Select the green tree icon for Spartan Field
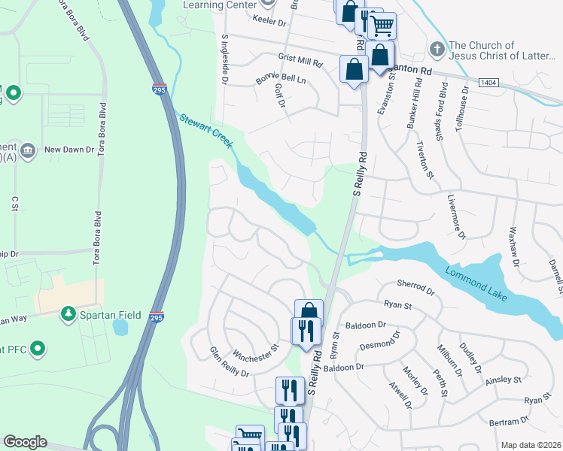tap(68, 313)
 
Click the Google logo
tap(25, 442)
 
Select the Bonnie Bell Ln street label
tap(281, 79)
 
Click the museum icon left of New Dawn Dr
tap(28, 150)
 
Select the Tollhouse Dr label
tap(466, 101)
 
